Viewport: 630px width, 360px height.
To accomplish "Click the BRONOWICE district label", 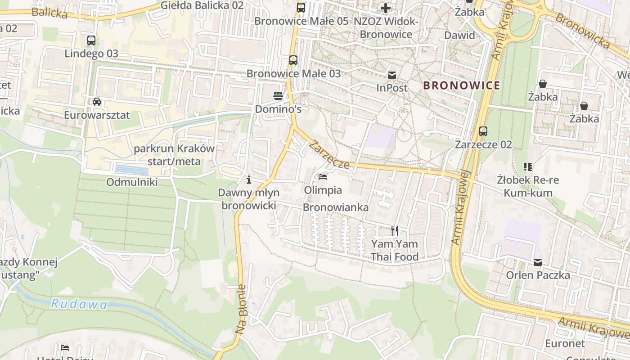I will [x=462, y=85].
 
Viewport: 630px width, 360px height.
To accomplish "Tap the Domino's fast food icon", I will [x=278, y=95].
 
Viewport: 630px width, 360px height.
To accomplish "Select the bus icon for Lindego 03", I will [x=91, y=40].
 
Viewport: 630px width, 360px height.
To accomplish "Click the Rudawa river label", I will [x=79, y=305].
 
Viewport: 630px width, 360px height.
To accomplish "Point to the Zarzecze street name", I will [x=329, y=155].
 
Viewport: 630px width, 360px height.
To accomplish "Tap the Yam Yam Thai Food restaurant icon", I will [x=394, y=231].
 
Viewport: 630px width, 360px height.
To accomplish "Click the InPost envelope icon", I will [x=392, y=75].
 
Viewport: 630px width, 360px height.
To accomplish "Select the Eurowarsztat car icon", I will [x=97, y=101].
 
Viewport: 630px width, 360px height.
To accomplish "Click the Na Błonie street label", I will [x=241, y=309].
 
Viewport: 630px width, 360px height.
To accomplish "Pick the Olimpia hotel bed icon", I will [x=323, y=177].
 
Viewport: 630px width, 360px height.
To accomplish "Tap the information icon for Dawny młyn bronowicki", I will [x=249, y=180].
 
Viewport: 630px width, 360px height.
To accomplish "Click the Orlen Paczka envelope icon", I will [x=538, y=262].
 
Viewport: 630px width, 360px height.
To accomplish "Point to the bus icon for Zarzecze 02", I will [x=483, y=131].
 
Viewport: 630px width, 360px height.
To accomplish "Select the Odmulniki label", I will [x=132, y=182].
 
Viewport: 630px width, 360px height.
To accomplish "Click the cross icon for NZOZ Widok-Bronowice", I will [x=386, y=8].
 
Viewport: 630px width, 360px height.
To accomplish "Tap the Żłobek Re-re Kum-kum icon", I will [x=528, y=167].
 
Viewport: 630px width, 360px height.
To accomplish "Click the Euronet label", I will [x=565, y=344].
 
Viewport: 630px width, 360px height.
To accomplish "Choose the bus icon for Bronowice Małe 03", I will [x=293, y=60].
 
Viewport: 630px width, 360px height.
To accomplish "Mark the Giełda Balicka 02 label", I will [x=202, y=5].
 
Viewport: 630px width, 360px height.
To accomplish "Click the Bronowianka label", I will [x=336, y=207].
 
